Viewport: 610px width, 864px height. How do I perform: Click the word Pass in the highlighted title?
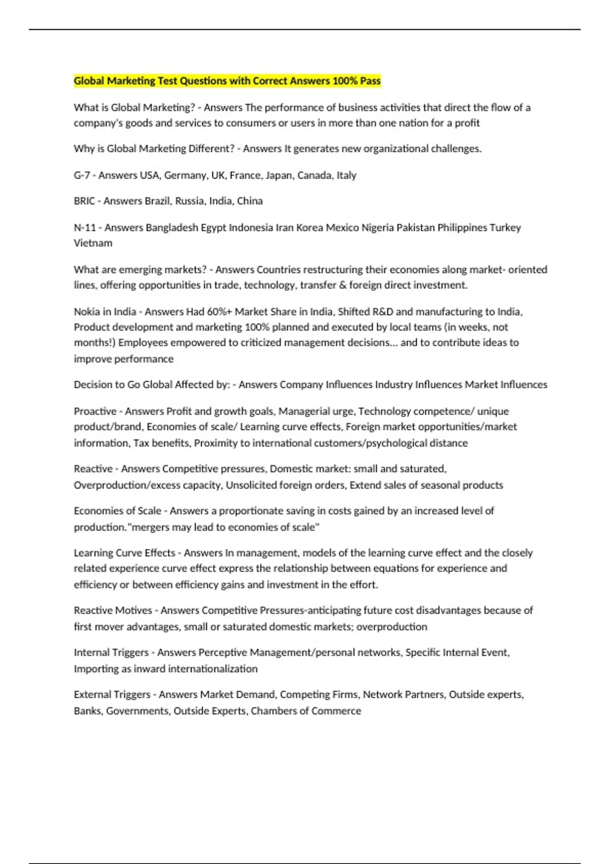tap(370, 81)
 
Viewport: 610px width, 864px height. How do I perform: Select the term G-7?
tap(82, 175)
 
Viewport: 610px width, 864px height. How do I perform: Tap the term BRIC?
tap(84, 201)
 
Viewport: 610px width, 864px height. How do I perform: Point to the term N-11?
tap(85, 228)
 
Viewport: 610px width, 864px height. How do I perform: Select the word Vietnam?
tap(93, 243)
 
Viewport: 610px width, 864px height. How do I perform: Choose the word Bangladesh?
tap(172, 228)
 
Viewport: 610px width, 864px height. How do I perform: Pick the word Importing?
tap(96, 669)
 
